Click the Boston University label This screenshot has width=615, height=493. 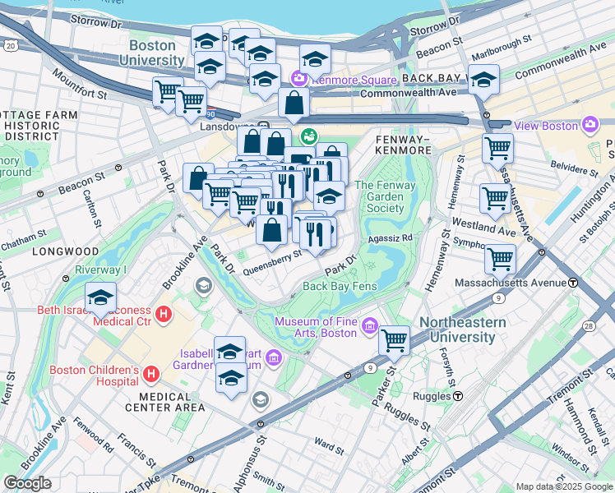tap(152, 53)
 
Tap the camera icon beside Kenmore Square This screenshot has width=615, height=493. tap(298, 79)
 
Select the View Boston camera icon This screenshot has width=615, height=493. tap(589, 125)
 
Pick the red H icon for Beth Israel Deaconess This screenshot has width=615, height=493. tap(164, 315)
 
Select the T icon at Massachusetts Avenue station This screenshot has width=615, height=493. tap(572, 282)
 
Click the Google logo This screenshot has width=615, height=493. tap(28, 483)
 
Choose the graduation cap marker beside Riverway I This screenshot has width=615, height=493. tap(100, 296)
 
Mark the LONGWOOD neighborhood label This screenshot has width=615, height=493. tap(65, 251)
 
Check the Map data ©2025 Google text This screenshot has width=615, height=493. tap(563, 486)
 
